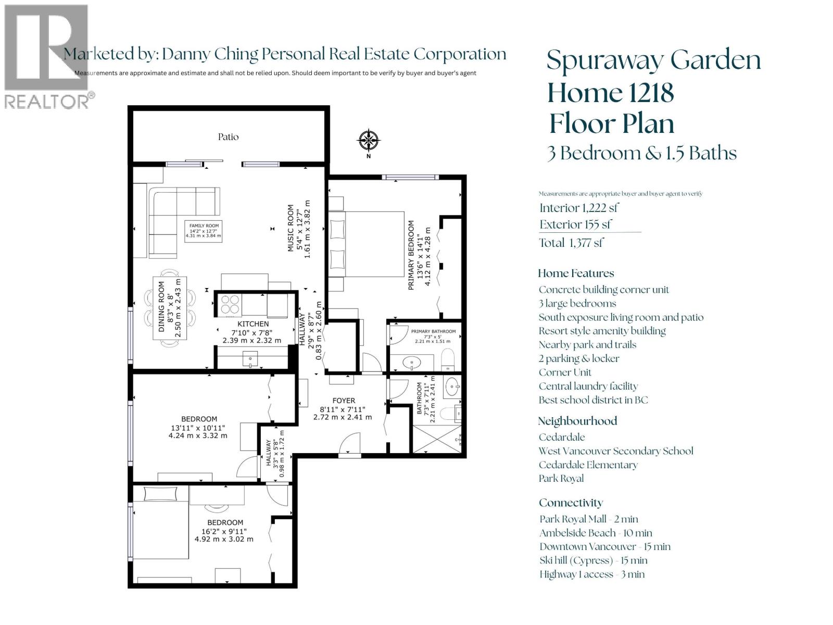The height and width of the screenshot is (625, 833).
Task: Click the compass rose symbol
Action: (x=369, y=140)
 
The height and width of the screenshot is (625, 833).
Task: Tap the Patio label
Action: (x=228, y=137)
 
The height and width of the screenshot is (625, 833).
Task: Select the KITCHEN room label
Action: (x=253, y=324)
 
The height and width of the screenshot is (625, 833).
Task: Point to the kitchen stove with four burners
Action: (x=230, y=305)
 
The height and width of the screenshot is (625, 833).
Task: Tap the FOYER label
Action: (x=344, y=401)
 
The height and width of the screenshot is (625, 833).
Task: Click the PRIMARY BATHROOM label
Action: (x=433, y=331)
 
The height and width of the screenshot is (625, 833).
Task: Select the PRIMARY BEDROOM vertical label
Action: (x=411, y=255)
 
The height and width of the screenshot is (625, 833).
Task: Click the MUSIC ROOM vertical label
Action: (x=291, y=228)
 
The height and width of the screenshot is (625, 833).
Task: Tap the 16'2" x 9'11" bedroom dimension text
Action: (x=224, y=532)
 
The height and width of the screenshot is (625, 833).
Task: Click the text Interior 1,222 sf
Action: (x=578, y=208)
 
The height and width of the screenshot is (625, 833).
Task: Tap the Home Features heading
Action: (x=576, y=273)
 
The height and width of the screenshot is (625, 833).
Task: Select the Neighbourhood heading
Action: (x=577, y=421)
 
